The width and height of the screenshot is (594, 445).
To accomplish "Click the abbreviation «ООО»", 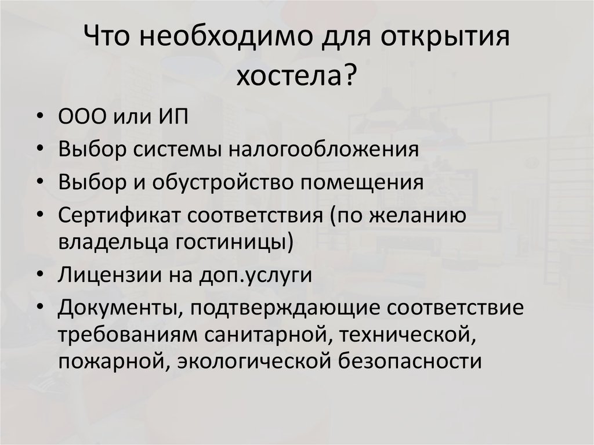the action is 82,117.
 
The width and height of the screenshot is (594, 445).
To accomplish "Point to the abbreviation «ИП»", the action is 173,117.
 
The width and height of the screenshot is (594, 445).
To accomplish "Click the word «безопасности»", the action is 410,361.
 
